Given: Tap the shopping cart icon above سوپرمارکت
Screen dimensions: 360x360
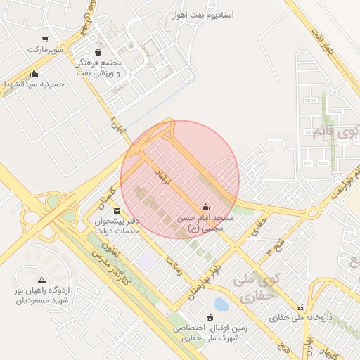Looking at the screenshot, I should click(46, 39).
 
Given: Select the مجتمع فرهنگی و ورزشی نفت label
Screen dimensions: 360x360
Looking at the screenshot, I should click(98, 67).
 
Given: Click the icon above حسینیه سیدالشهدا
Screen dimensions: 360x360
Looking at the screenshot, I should click(34, 73).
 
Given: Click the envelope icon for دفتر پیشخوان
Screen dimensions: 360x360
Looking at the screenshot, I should click(116, 210).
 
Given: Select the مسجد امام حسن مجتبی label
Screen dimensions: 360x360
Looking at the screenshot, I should click(203, 224).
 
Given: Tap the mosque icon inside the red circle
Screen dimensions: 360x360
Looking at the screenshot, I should click(205, 207).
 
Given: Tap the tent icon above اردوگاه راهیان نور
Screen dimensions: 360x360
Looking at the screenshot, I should click(41, 280).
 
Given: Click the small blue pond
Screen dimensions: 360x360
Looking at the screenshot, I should click(221, 304).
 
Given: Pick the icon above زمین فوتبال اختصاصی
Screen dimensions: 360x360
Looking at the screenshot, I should click(208, 316).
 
